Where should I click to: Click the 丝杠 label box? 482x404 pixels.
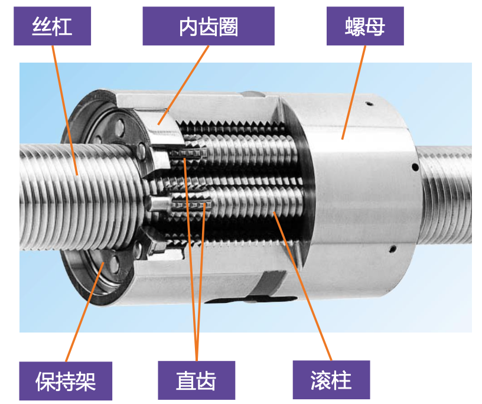pyautogui.click(x=52, y=26)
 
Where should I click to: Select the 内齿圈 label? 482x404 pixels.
pyautogui.click(x=209, y=26)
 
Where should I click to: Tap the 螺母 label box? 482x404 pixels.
pyautogui.click(x=365, y=26)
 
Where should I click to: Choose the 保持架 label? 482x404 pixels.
pyautogui.click(x=66, y=381)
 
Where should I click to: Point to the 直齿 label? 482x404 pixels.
pyautogui.click(x=197, y=380)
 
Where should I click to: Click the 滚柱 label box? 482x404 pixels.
pyautogui.click(x=331, y=380)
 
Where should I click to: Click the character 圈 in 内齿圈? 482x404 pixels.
pyautogui.click(x=229, y=27)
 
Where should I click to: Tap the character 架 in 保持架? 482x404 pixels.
pyautogui.click(x=86, y=382)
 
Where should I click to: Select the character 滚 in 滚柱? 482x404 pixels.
pyautogui.click(x=321, y=380)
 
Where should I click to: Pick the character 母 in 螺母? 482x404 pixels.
pyautogui.click(x=375, y=27)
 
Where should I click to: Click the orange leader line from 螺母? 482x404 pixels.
pyautogui.click(x=354, y=92)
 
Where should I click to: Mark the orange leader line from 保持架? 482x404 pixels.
pyautogui.click(x=85, y=312)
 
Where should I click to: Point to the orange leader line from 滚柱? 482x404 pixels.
pyautogui.click(x=302, y=286)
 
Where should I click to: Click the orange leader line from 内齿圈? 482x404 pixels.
pyautogui.click(x=184, y=85)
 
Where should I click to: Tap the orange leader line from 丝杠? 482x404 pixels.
pyautogui.click(x=65, y=110)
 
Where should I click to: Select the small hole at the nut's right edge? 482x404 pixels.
pyautogui.click(x=415, y=167)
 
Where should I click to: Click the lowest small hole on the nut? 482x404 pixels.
pyautogui.click(x=392, y=249)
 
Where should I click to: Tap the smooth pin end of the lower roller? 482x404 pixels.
pyautogui.click(x=157, y=203)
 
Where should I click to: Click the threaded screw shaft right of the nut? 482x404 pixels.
pyautogui.click(x=446, y=194)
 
